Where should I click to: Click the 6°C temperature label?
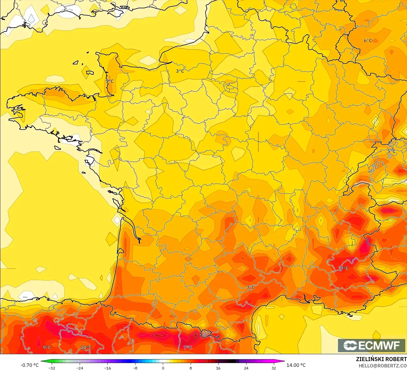pos(368,41)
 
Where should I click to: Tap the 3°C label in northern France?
pos(180,71)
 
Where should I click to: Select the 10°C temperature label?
pos(86,347)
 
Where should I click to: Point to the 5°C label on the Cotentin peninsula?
pos(109,81)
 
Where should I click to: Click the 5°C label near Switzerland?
pos(391,151)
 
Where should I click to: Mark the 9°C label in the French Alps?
pos(344,268)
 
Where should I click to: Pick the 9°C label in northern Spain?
pos(47,347)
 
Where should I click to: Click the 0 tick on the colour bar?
pos(163,368)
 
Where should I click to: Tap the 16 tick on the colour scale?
pos(218,368)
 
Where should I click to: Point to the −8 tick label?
pos(135,368)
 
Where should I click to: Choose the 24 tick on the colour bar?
pos(246,368)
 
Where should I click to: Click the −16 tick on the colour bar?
pos(107,368)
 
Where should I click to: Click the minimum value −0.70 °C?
pos(29,365)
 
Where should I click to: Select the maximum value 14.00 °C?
pos(296,365)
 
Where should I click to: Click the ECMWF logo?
pos(372,345)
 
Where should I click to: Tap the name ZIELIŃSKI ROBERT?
pos(381,359)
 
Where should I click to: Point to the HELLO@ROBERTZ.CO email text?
pos(383,366)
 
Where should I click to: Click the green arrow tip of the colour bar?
pos(42,361)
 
